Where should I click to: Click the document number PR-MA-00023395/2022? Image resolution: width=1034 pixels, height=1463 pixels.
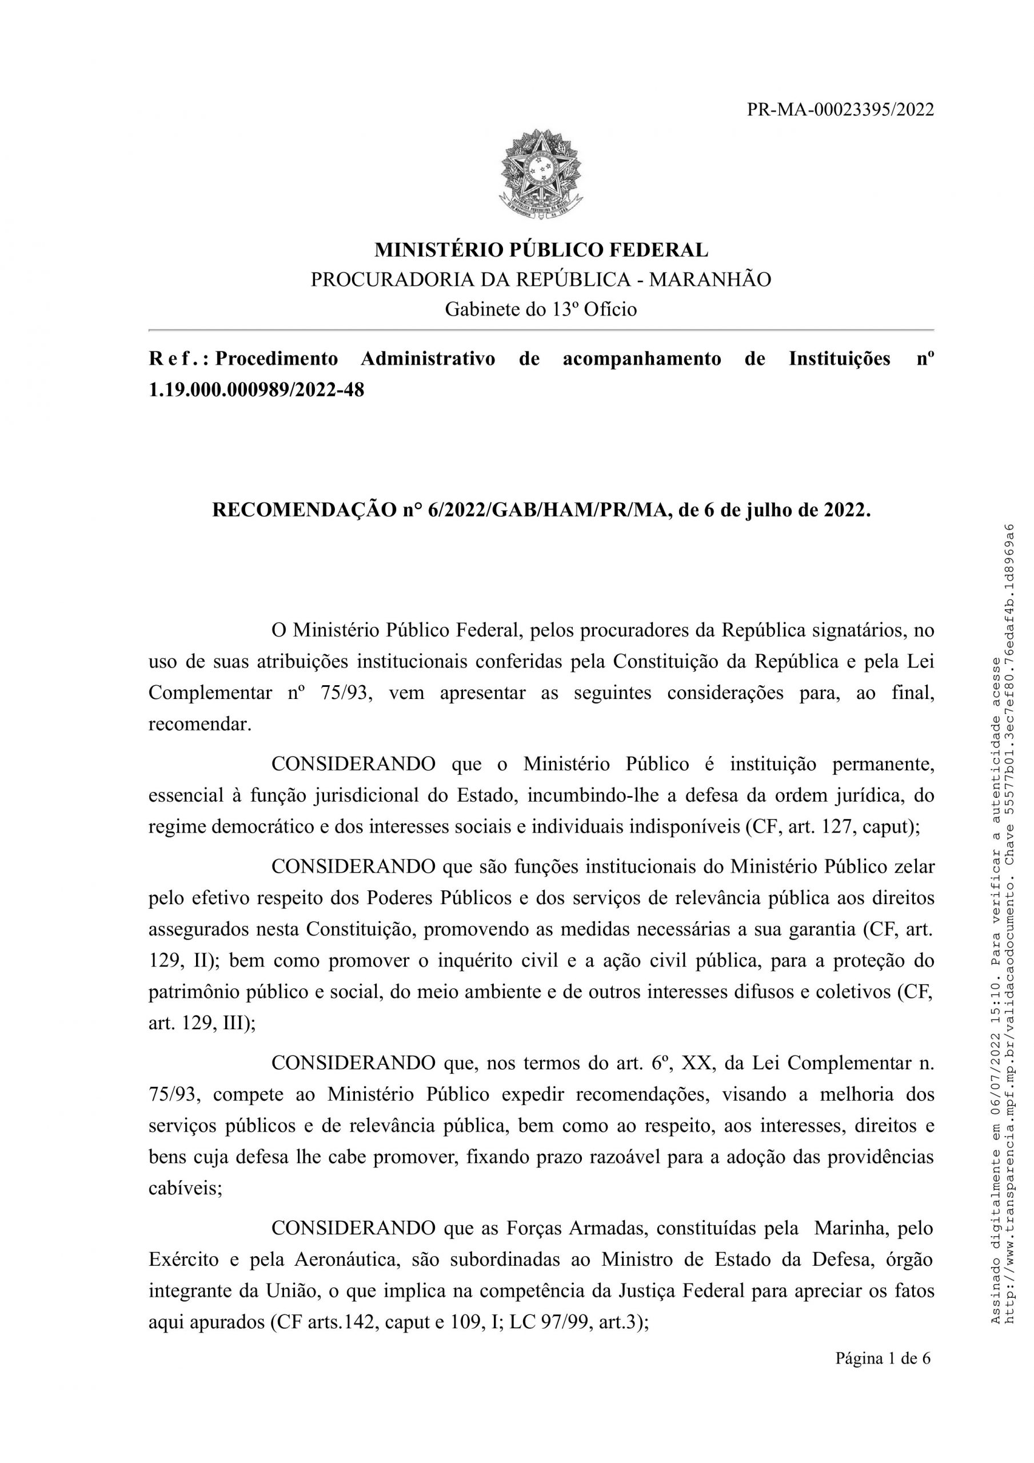[840, 110]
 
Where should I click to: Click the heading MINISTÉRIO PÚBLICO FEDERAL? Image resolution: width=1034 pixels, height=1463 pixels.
[541, 250]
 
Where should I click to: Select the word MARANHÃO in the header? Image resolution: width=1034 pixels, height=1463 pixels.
[709, 279]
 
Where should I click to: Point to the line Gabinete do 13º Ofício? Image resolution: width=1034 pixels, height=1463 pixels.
[541, 309]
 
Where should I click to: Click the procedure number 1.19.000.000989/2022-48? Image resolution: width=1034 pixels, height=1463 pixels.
[256, 389]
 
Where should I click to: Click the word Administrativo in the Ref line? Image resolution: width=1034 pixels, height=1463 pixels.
[428, 359]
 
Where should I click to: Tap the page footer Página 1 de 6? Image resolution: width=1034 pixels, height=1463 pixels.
[883, 1359]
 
